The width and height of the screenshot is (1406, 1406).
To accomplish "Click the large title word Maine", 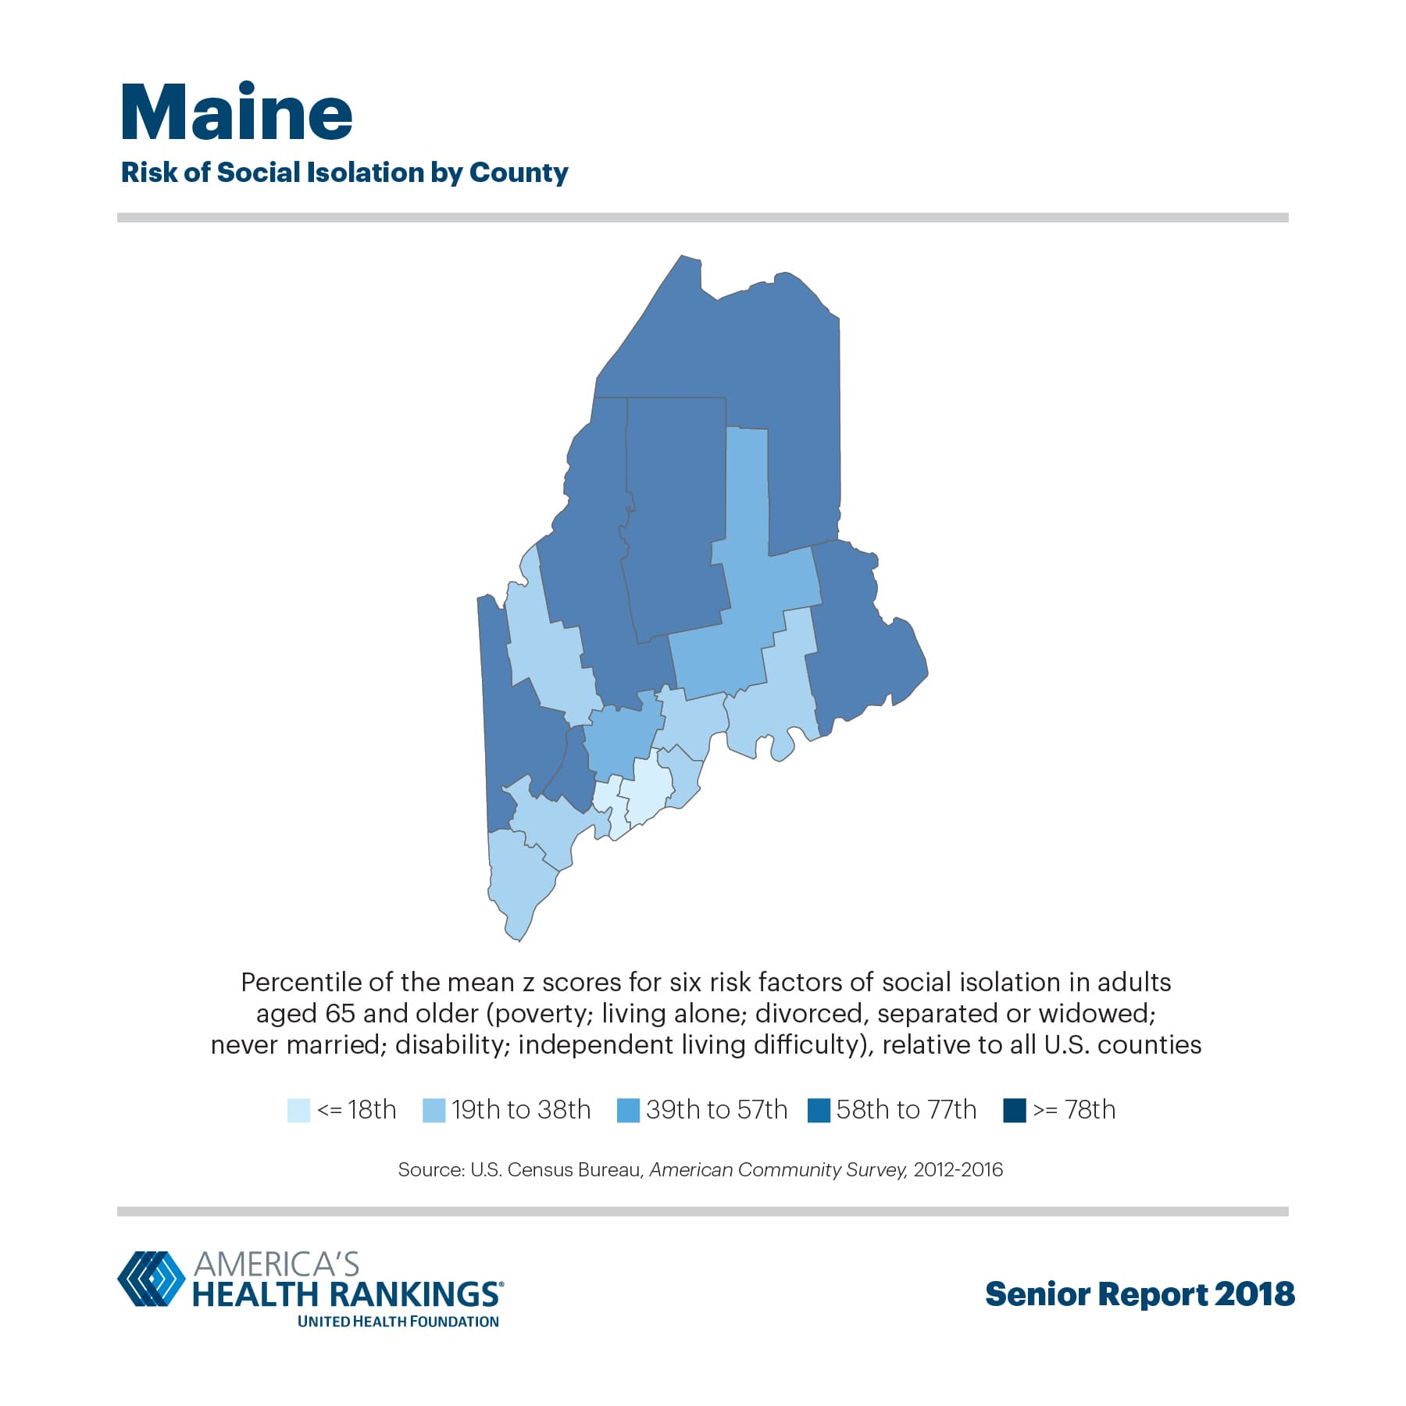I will (236, 113).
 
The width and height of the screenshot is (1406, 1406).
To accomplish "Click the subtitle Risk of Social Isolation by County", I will (344, 173).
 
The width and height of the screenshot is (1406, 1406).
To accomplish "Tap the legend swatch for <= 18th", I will (298, 1110).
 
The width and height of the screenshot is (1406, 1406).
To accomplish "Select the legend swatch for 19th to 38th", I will (434, 1110).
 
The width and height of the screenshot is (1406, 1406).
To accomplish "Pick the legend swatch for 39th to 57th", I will (628, 1110).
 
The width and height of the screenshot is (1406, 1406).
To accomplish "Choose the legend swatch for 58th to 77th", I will (819, 1110).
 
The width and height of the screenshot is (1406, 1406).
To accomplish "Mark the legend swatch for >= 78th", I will (1014, 1110).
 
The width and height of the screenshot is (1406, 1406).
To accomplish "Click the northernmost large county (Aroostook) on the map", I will (750, 351).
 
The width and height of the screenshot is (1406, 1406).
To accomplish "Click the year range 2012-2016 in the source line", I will (958, 1169).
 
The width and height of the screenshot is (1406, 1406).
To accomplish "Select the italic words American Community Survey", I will (777, 1169).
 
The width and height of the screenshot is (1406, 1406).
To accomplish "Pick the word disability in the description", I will (449, 1044).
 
